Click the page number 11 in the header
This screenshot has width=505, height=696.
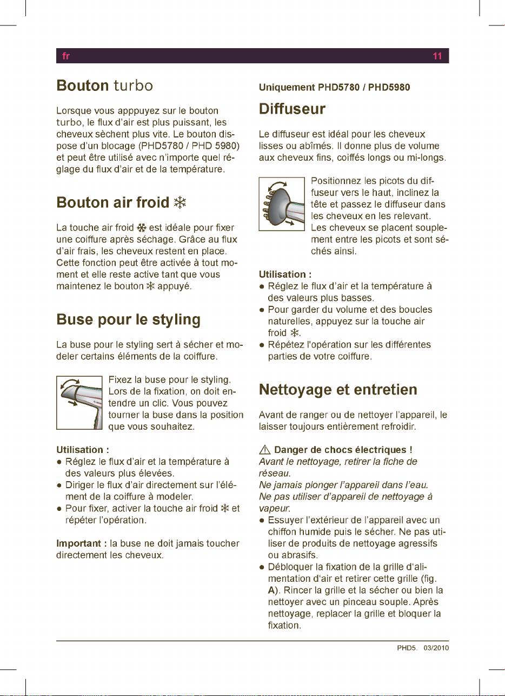(437, 56)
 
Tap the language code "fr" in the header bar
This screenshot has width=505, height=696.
(64, 56)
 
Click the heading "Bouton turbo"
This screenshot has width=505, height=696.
(105, 86)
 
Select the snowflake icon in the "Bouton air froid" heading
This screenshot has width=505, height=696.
(180, 203)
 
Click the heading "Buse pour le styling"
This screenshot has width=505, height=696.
(128, 319)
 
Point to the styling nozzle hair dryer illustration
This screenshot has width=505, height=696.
(79, 403)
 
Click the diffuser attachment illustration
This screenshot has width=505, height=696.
(282, 204)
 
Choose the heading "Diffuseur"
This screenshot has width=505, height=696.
(292, 109)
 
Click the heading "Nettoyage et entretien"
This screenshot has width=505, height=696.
(338, 390)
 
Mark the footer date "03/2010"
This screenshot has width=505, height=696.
(436, 648)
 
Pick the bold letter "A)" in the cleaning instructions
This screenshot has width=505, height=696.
(274, 589)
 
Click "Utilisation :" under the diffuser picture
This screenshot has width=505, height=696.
(284, 274)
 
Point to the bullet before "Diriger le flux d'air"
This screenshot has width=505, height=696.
(59, 485)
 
